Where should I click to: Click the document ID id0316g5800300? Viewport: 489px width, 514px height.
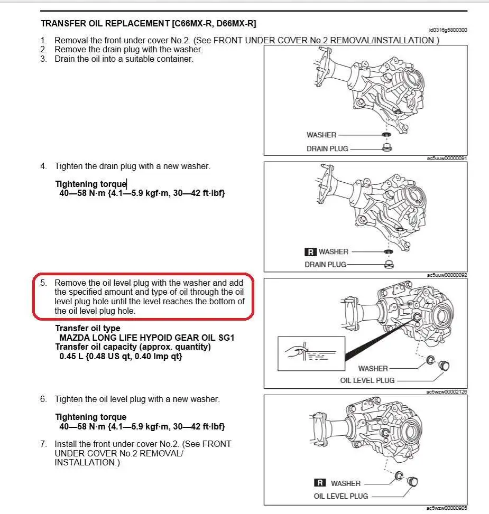448,31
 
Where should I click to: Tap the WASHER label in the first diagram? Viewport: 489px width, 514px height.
321,135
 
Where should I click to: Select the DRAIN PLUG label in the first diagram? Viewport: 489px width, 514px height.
327,148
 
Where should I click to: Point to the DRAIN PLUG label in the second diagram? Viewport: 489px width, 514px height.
325,264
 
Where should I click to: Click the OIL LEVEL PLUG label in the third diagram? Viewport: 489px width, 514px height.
367,380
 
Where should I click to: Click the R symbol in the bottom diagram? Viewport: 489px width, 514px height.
319,483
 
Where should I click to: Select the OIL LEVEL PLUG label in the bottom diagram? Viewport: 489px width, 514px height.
341,496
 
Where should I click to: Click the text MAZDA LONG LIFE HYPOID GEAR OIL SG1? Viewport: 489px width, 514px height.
146,338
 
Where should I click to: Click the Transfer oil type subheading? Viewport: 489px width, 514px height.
87,328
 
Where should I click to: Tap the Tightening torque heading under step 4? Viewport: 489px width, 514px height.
90,184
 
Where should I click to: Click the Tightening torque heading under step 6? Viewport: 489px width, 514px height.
90,417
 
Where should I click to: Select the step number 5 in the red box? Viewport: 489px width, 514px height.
44,283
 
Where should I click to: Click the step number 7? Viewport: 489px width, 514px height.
44,444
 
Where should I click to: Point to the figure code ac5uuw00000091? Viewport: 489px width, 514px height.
447,158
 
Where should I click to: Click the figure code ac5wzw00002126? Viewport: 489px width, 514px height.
447,391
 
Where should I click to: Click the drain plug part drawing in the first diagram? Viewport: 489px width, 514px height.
386,147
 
